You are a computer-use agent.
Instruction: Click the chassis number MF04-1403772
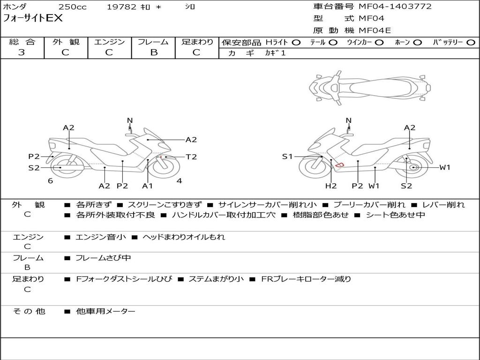[x=395, y=7]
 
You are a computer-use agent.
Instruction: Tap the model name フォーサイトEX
[x=32, y=19]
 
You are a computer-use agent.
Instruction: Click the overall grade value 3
[x=22, y=52]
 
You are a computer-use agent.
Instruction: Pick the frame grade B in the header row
[x=154, y=52]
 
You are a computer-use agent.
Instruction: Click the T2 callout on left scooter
[x=191, y=157]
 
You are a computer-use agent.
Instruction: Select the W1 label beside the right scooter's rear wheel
[x=444, y=167]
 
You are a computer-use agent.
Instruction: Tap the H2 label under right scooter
[x=331, y=186]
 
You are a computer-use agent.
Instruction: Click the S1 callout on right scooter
[x=287, y=157]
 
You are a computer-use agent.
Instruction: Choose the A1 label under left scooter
[x=148, y=186]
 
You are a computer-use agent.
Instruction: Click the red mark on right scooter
[x=340, y=164]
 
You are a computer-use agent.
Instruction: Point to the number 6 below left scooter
[x=50, y=181]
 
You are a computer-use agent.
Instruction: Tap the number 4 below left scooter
[x=179, y=181]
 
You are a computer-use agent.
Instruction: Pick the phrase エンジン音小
[x=101, y=237]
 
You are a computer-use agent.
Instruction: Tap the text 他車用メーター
[x=105, y=311]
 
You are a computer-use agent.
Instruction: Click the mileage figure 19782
[x=121, y=7]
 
